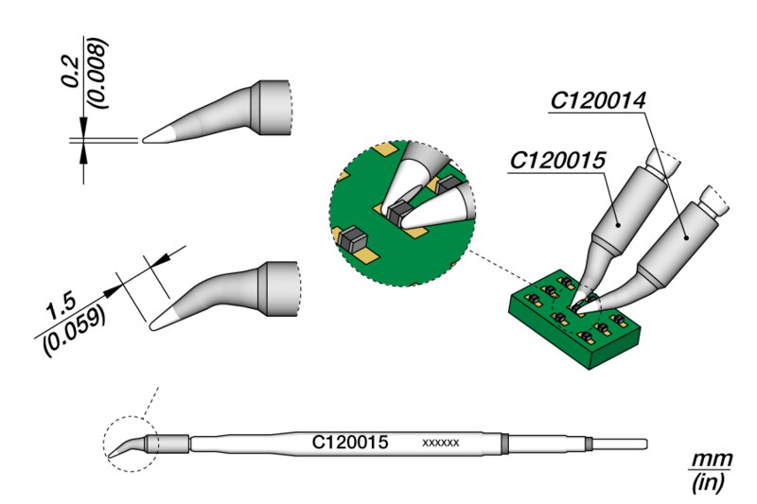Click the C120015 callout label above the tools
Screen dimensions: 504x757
(557, 162)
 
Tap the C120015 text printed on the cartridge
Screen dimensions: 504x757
(351, 442)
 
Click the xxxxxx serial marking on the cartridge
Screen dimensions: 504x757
(441, 443)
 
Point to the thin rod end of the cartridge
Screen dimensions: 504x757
(621, 443)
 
